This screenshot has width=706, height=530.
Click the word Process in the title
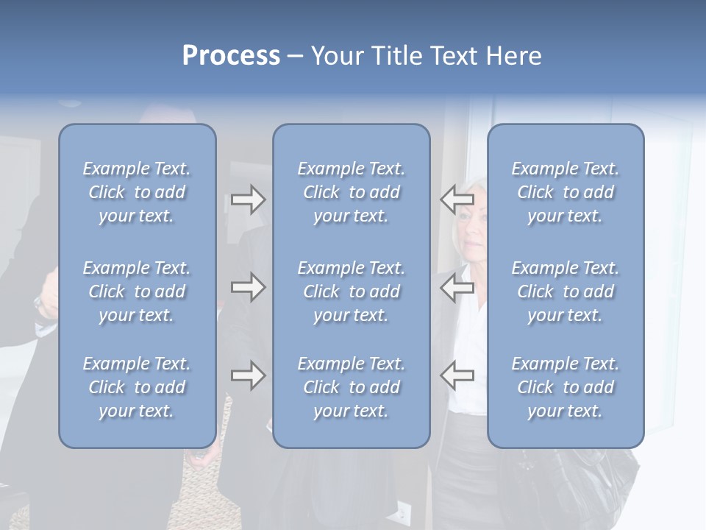(x=231, y=56)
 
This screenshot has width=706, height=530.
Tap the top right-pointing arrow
(x=248, y=199)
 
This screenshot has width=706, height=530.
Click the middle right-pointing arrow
(x=248, y=286)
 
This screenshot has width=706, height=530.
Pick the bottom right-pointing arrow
(x=248, y=375)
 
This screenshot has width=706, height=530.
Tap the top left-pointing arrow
(x=457, y=199)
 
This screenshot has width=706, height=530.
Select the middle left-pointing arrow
(x=457, y=286)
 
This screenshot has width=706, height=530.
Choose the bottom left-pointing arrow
(x=457, y=375)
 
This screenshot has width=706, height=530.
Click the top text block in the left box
(x=137, y=192)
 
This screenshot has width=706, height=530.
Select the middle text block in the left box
(x=137, y=291)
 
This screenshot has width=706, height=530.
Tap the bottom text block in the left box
(x=137, y=387)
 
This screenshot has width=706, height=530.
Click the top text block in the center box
(x=351, y=192)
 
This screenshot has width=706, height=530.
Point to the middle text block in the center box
(x=351, y=291)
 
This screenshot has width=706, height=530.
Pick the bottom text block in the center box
(x=351, y=387)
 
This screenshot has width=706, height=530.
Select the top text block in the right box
(x=565, y=192)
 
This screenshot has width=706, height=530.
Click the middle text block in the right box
(x=565, y=291)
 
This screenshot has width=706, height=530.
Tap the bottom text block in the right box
(x=565, y=387)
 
